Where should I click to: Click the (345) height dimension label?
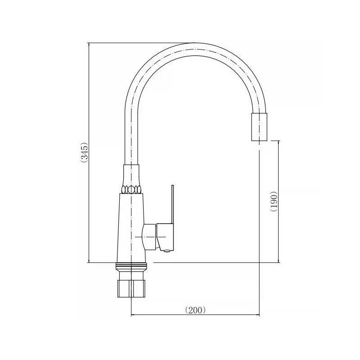coord(84,153)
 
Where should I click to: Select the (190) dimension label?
coord(274,201)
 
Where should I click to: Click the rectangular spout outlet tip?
coord(259,127)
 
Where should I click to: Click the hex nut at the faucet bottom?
coord(131,288)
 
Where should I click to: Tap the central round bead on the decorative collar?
coord(131,189)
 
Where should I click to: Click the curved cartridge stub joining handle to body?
coord(149,237)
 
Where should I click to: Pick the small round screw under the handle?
coord(167,251)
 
